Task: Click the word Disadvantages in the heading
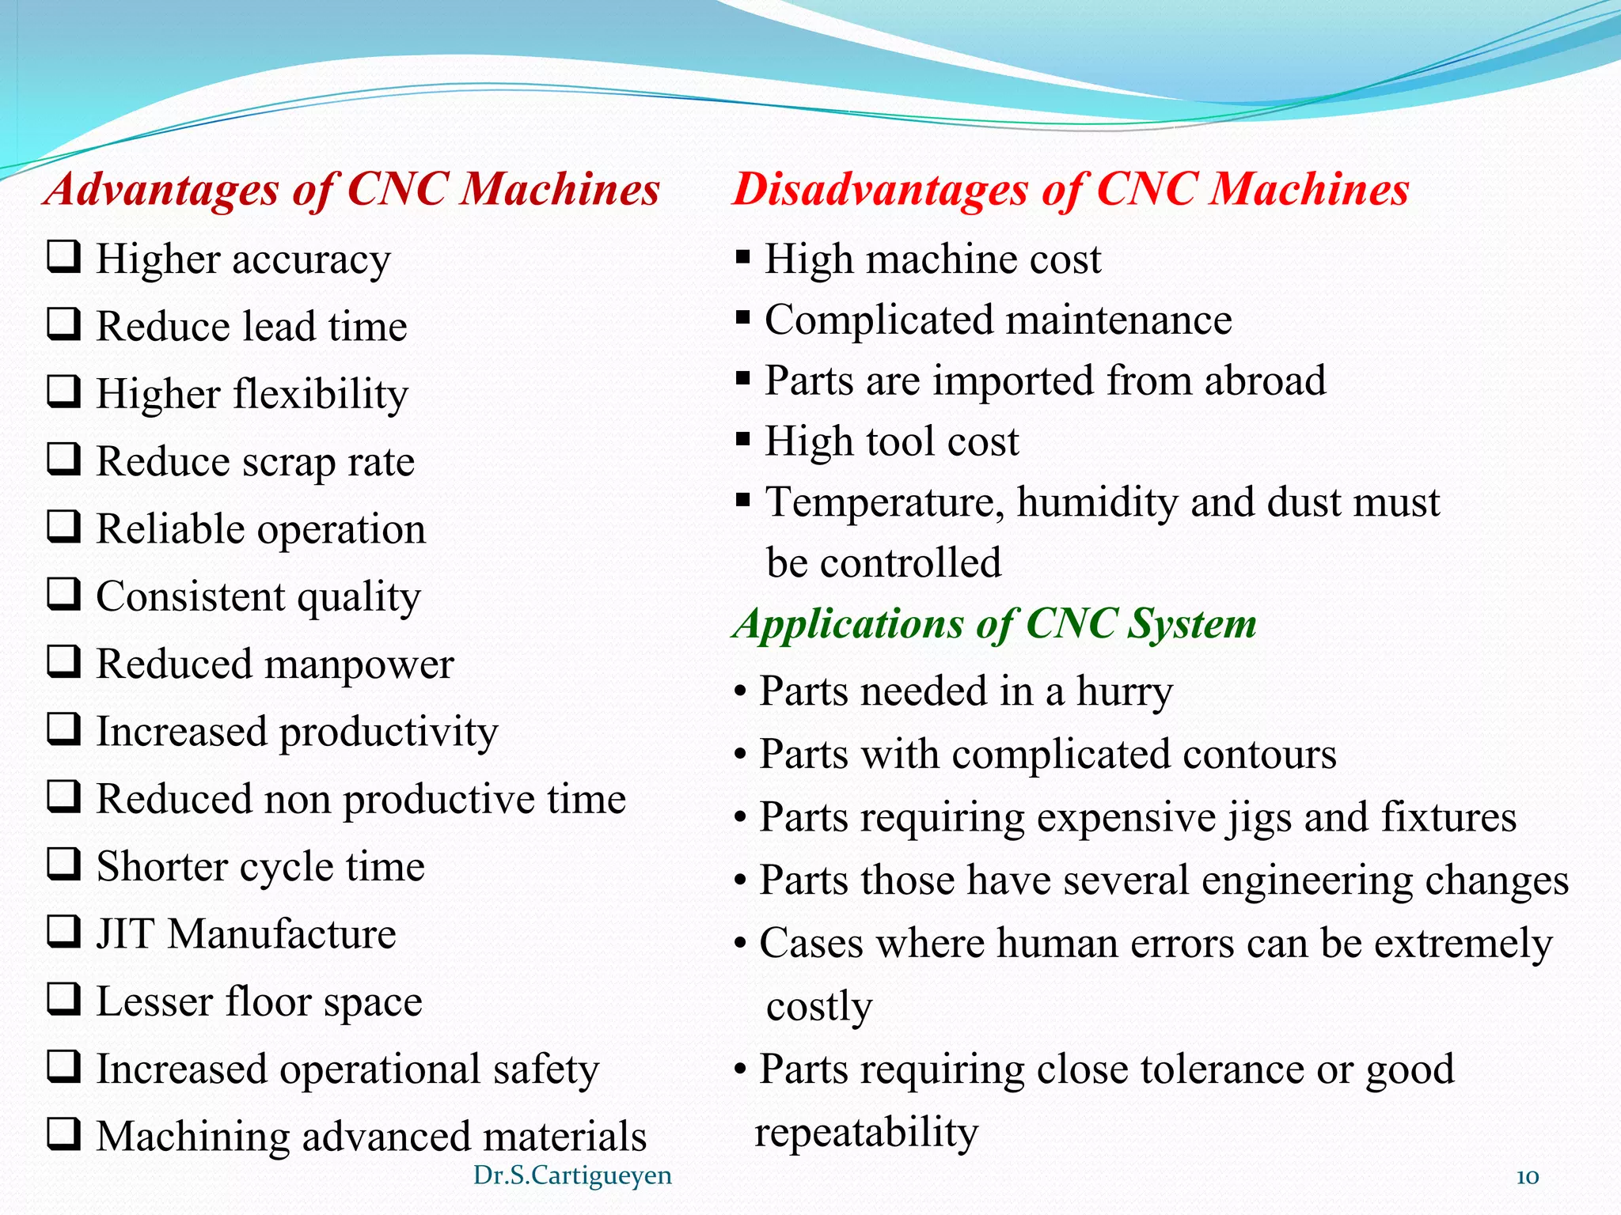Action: (879, 191)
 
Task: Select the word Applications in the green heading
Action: (848, 625)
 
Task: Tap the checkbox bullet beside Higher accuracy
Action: (63, 257)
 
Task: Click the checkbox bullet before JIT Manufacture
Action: (63, 932)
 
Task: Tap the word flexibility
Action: (319, 394)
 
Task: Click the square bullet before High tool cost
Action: (742, 440)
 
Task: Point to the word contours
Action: (1258, 755)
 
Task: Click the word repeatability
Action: (866, 1133)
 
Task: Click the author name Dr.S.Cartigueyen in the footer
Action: (572, 1175)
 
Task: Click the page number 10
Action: (1527, 1177)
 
